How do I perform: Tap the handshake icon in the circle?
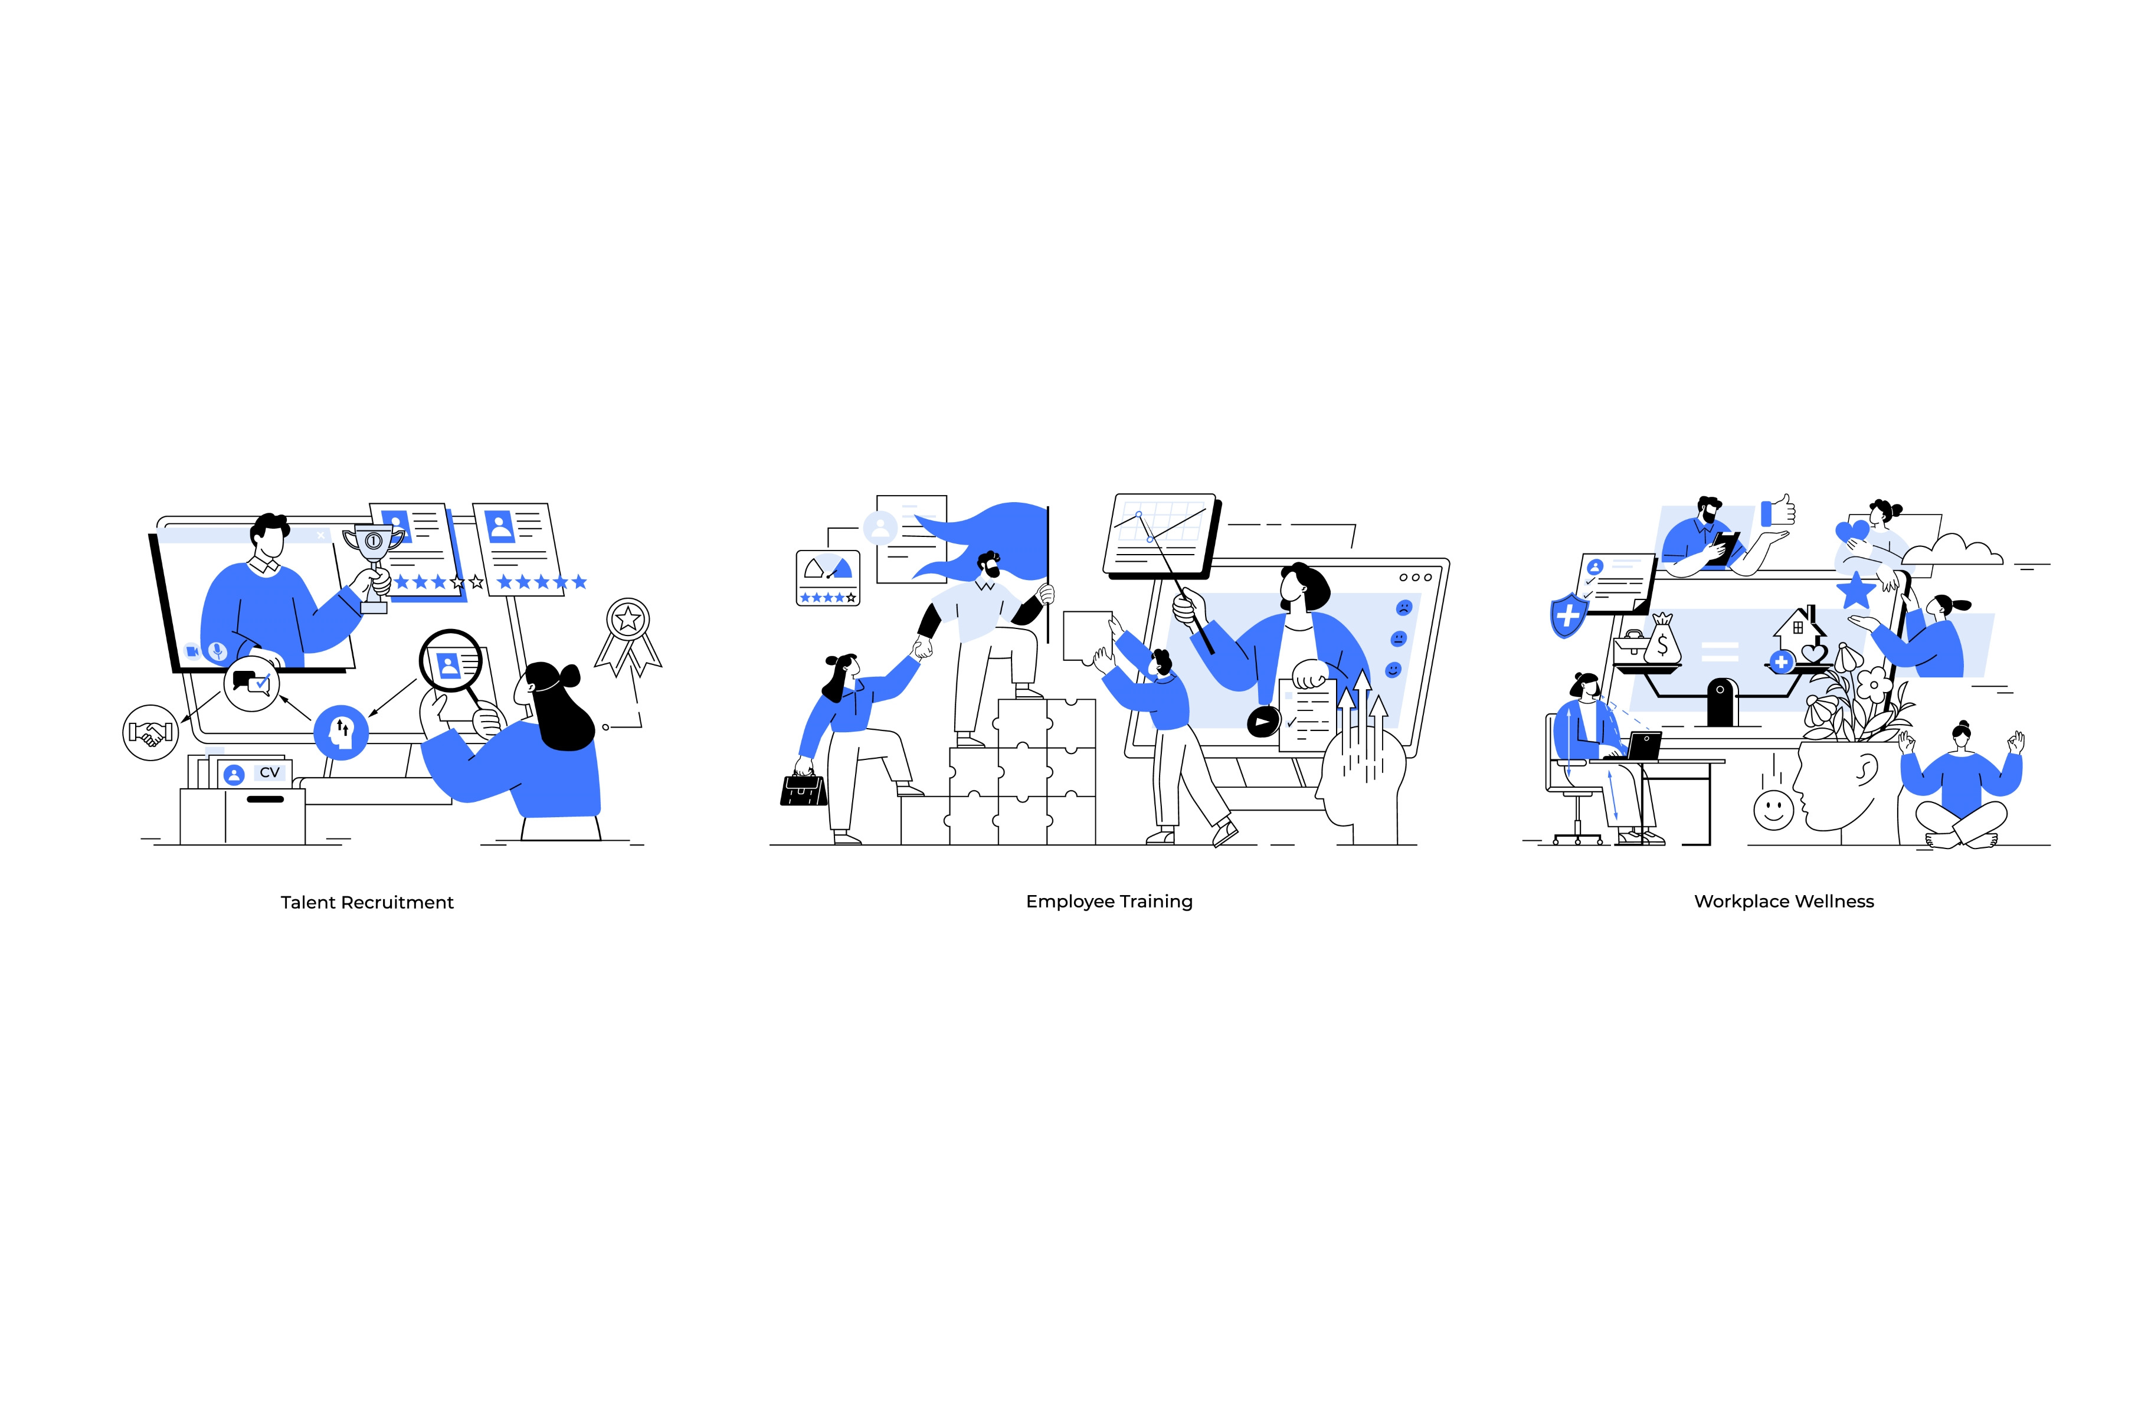(150, 732)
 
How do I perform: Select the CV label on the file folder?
(269, 773)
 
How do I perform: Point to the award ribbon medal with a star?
(627, 637)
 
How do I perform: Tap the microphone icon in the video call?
(217, 651)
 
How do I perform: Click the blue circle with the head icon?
(341, 732)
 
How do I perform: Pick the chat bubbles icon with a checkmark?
(252, 682)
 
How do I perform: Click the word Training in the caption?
(1156, 902)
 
